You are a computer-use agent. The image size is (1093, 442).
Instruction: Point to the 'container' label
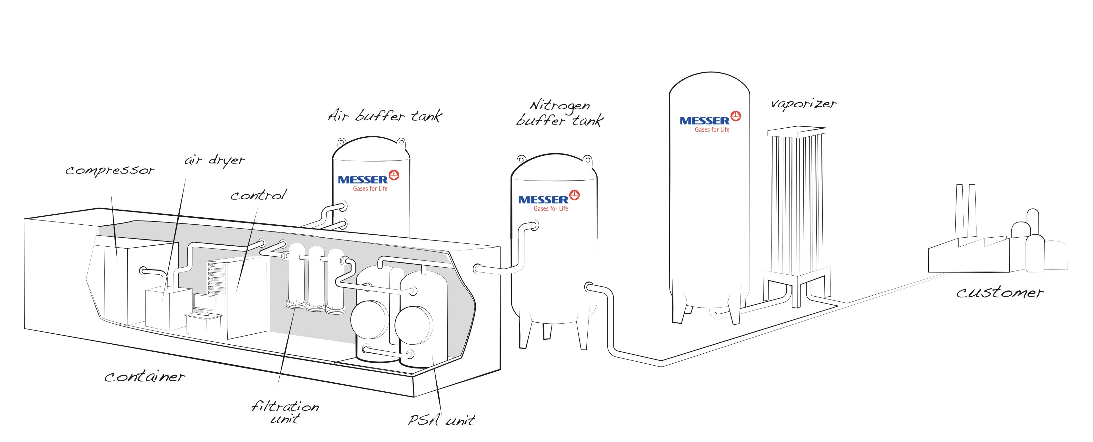tap(145, 377)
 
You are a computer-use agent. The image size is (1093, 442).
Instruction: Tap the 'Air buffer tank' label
tap(385, 116)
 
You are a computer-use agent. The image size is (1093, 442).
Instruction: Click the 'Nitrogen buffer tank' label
tap(559, 114)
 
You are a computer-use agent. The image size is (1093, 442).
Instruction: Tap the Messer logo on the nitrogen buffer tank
tap(549, 201)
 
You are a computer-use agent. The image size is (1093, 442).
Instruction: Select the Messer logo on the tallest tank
tap(710, 122)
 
